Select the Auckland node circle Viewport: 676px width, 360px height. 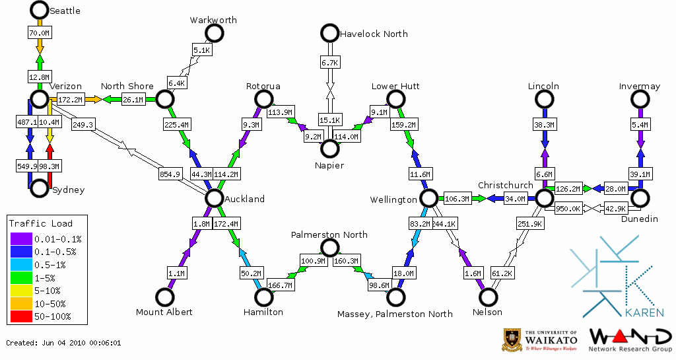[x=213, y=198]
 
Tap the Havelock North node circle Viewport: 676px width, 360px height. [x=329, y=32]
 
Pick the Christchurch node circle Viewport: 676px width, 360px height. [x=543, y=198]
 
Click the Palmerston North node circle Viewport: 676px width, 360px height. [x=329, y=248]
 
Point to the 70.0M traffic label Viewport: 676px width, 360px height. [x=40, y=33]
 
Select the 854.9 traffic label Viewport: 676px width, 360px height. [x=170, y=174]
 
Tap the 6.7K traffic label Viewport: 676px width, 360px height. [x=329, y=62]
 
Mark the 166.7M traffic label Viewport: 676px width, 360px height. [x=282, y=285]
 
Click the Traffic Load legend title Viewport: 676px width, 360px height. [x=41, y=223]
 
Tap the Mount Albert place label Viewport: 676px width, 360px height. [x=164, y=312]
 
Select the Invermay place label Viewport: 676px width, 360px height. [x=640, y=87]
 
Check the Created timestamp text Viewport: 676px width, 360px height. [x=64, y=343]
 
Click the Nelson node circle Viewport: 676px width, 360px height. [x=488, y=297]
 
